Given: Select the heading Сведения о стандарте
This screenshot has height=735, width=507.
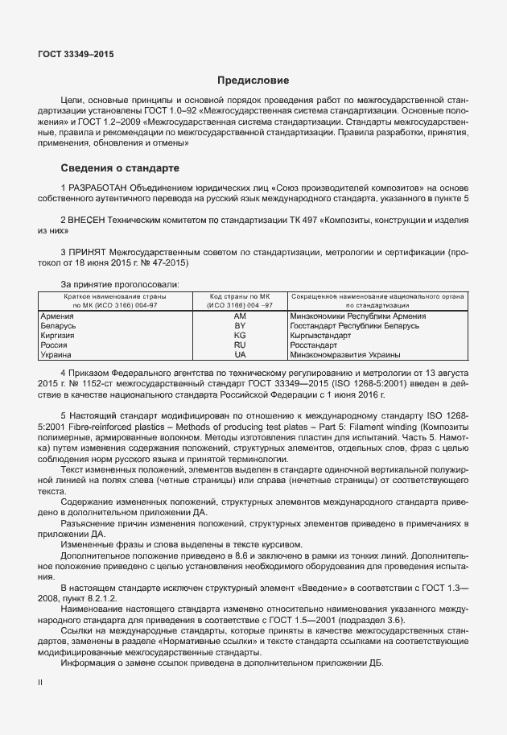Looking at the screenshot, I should (120, 168).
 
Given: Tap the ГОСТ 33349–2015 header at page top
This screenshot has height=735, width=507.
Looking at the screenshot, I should (76, 54).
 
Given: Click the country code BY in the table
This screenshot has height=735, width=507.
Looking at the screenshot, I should (240, 326).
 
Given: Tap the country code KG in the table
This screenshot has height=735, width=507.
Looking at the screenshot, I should (240, 335).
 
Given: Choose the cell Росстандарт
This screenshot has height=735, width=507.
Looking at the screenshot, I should (315, 345).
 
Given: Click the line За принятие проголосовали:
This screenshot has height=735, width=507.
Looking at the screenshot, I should (120, 284).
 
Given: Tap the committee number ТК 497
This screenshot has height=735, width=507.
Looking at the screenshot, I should (309, 219).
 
